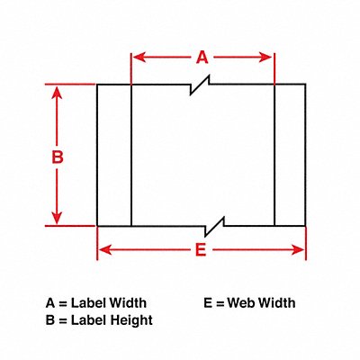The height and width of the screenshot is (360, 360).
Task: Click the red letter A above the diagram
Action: [202, 58]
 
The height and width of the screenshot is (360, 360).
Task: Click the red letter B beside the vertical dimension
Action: [58, 157]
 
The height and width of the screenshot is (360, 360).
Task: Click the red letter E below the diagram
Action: [201, 249]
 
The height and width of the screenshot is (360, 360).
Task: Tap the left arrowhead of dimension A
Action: [139, 57]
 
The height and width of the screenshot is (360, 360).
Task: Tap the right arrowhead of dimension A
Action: [265, 57]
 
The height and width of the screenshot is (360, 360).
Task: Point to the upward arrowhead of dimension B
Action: [57, 93]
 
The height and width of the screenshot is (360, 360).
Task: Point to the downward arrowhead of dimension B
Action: [57, 218]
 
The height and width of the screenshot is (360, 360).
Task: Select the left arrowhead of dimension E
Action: [105, 249]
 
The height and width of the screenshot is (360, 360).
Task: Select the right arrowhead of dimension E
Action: [298, 249]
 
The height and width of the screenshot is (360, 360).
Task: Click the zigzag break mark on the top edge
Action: [200, 85]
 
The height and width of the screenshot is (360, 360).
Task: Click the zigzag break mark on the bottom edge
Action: [214, 227]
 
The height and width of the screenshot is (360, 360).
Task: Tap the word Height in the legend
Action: [131, 320]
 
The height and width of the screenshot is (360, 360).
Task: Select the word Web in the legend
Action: [241, 303]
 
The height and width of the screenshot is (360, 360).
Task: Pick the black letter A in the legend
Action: [50, 303]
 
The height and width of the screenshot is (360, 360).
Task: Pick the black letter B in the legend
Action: [50, 320]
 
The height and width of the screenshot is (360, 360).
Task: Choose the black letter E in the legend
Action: [208, 303]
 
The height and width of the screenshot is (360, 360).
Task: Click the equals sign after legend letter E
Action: [220, 304]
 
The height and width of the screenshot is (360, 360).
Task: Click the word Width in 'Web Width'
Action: [277, 303]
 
